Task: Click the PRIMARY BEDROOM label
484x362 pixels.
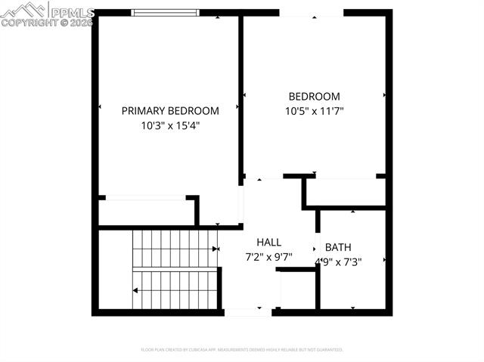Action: click(x=170, y=111)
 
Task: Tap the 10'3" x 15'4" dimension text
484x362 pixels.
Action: click(x=170, y=125)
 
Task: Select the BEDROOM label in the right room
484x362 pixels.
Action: click(x=314, y=97)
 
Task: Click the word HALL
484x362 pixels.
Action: click(x=268, y=243)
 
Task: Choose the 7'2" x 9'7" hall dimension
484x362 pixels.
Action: click(x=268, y=257)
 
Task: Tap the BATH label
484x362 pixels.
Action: click(x=338, y=247)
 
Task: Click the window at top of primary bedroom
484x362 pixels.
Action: click(x=165, y=12)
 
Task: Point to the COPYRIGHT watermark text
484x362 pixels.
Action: click(x=47, y=23)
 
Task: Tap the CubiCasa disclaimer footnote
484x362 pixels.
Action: click(x=242, y=350)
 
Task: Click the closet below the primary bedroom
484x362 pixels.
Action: click(x=144, y=211)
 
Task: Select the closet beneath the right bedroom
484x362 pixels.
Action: click(x=344, y=193)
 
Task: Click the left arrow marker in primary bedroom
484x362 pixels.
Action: click(x=100, y=107)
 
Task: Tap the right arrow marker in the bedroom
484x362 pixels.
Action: click(x=385, y=95)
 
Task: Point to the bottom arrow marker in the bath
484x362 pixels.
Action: click(x=352, y=307)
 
